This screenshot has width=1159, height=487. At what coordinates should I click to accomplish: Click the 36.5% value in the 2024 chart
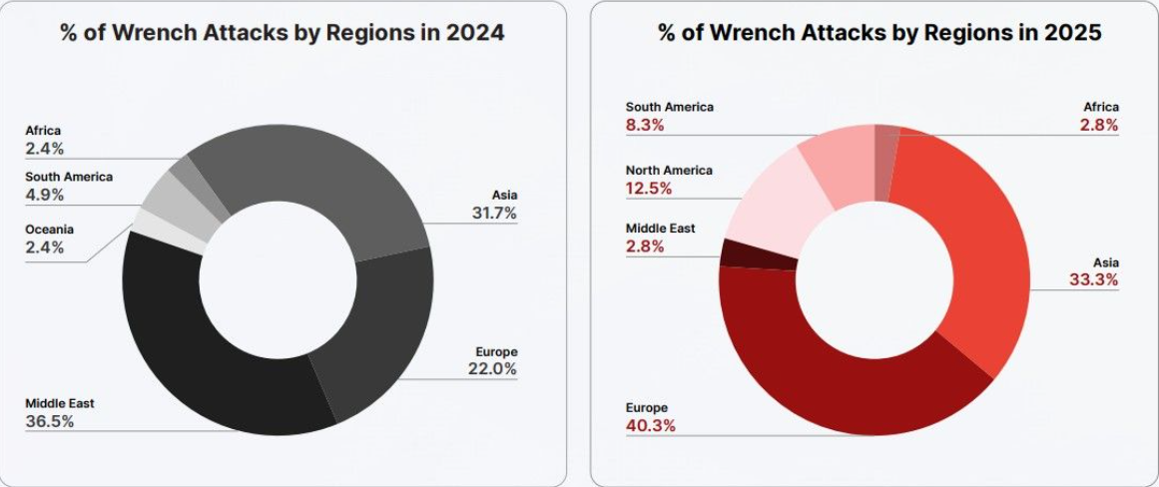[49, 421]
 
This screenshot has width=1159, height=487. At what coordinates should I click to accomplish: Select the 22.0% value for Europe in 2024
[495, 369]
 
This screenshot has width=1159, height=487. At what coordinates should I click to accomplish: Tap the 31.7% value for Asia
[495, 213]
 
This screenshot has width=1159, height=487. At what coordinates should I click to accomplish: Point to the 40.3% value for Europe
[651, 426]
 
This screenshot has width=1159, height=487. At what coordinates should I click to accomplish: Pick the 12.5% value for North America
[650, 189]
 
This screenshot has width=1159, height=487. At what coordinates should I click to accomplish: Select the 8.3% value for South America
[645, 126]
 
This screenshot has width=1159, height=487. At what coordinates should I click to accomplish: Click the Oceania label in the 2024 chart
[50, 230]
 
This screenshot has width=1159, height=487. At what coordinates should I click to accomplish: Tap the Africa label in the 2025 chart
[1101, 107]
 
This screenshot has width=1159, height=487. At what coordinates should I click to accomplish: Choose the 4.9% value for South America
[45, 195]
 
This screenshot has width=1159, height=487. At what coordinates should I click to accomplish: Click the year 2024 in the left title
[477, 33]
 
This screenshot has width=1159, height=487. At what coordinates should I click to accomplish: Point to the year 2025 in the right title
[1074, 33]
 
